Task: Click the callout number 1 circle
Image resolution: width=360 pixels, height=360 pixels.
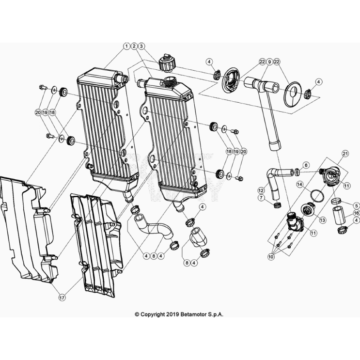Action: (x=126, y=46)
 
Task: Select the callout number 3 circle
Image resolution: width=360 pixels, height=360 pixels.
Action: (x=141, y=46)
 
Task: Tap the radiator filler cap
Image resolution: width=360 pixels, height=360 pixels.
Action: (x=167, y=63)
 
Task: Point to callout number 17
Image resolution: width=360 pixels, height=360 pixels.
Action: (x=62, y=298)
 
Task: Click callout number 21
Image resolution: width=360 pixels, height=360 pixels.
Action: (x=345, y=154)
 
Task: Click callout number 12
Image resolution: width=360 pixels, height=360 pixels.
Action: (x=261, y=190)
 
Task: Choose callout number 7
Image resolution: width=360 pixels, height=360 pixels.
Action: (x=261, y=198)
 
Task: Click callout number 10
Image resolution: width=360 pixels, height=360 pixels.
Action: (x=271, y=256)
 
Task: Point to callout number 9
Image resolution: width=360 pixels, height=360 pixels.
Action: (x=269, y=62)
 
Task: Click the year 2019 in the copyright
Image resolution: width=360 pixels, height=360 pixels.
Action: (x=172, y=314)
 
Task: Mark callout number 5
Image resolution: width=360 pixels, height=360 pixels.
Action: (x=357, y=205)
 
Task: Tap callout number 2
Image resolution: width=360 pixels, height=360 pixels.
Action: (x=134, y=46)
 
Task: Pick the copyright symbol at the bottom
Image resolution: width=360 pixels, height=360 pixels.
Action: (x=137, y=314)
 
